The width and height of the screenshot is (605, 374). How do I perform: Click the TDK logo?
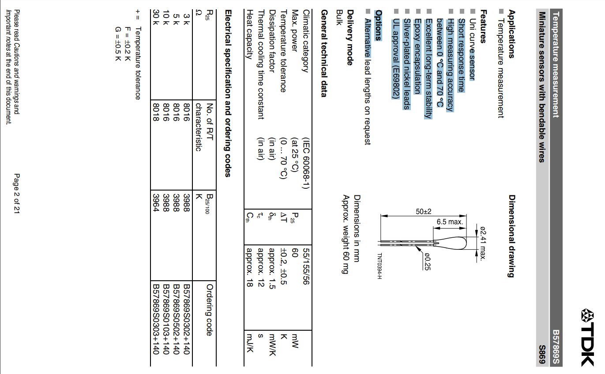coord(587,337)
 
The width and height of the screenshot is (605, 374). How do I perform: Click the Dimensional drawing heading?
coord(511,236)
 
